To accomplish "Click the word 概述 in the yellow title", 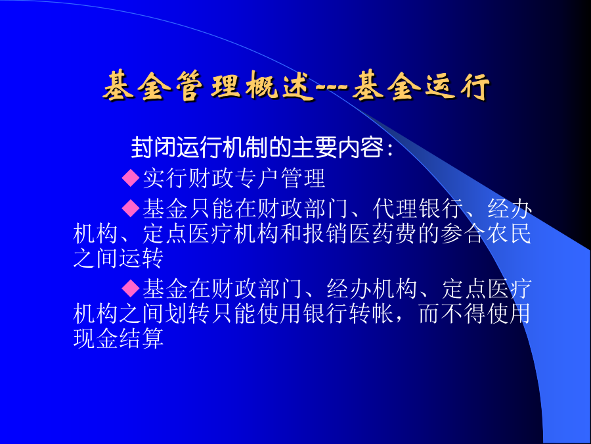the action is pyautogui.click(x=280, y=86).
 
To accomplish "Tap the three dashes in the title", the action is pyautogui.click(x=332, y=89).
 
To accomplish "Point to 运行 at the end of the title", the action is pyautogui.click(x=457, y=86).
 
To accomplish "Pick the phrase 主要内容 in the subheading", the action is pyautogui.click(x=337, y=147).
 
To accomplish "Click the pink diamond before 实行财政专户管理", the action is pyautogui.click(x=131, y=178).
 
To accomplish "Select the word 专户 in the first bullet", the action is pyautogui.click(x=257, y=178).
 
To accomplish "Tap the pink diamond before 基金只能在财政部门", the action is pyautogui.click(x=131, y=208).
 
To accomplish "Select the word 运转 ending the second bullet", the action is pyautogui.click(x=141, y=259).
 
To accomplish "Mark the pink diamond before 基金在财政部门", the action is pyautogui.click(x=131, y=288).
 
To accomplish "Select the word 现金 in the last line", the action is pyautogui.click(x=95, y=338).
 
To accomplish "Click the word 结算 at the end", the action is pyautogui.click(x=141, y=338).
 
